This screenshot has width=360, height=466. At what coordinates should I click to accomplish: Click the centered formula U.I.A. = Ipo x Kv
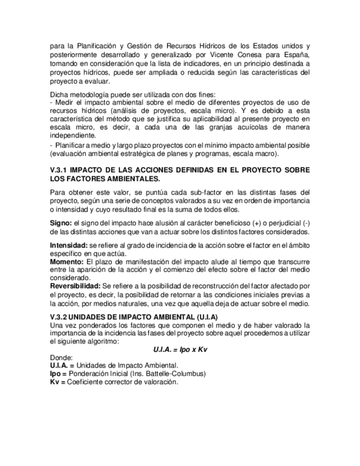pos(180,349)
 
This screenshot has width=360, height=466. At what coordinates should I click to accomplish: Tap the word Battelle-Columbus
pos(179,374)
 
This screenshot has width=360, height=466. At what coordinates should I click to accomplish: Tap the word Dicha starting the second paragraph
pos(59,94)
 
